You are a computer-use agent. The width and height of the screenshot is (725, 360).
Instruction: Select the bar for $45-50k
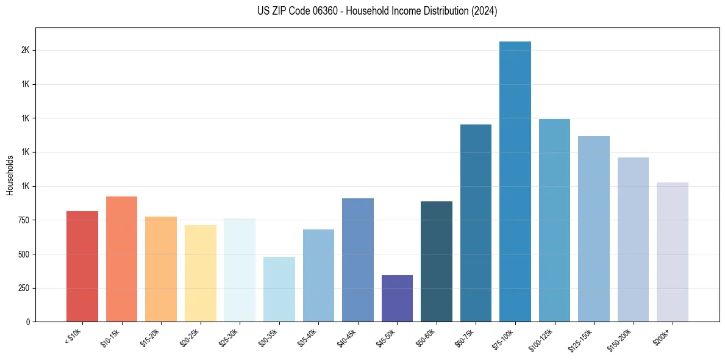click(x=397, y=298)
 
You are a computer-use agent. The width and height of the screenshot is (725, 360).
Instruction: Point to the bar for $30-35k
click(x=279, y=289)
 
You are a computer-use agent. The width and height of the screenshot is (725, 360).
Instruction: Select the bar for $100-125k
click(x=554, y=220)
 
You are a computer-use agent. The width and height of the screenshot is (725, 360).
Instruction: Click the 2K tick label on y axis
click(x=25, y=50)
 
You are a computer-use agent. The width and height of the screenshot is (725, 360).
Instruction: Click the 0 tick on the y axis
click(x=27, y=322)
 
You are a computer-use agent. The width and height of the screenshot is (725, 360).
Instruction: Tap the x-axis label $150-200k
click(x=621, y=339)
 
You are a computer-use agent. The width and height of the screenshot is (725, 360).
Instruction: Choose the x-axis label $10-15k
click(x=110, y=337)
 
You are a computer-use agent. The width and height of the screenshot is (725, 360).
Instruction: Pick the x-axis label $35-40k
click(x=307, y=337)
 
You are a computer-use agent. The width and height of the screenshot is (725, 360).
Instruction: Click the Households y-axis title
click(x=10, y=175)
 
